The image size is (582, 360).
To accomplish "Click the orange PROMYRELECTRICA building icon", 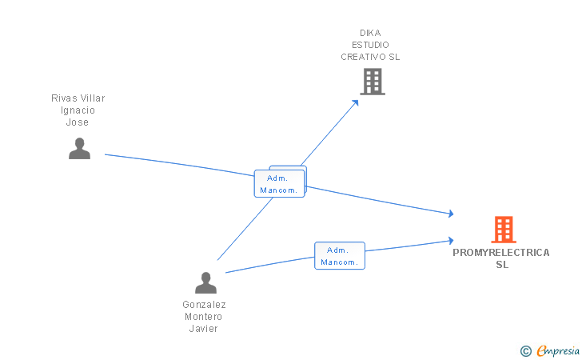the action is point(504,230).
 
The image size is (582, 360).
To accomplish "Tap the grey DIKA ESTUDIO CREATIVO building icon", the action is point(373,82).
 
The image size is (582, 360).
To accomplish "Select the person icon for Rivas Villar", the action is point(79,148).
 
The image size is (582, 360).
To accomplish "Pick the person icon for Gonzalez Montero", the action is point(205,282).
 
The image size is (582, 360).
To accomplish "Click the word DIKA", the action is point(370,33).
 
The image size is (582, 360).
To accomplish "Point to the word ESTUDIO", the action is point(370,45).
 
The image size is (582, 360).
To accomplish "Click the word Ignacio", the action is point(78,110).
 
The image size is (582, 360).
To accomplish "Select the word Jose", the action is point(78,122).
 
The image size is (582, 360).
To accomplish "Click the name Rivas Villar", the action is point(78,98).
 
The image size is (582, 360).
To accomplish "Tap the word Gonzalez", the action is point(204,305).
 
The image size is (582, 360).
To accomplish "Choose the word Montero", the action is point(203,317).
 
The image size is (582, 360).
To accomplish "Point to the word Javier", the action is point(203,329).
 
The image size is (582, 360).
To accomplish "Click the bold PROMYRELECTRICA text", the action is point(501,253).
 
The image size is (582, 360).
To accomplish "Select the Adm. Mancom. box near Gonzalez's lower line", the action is point(340,256).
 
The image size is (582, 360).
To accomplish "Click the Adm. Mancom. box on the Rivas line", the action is point(280,183).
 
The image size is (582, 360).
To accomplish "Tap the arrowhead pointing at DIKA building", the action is point(356,102).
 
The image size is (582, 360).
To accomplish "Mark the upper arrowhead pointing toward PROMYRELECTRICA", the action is point(451,214).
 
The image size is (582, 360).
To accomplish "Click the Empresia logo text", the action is point(558,350).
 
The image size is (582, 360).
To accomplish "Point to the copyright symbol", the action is point(526,351).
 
